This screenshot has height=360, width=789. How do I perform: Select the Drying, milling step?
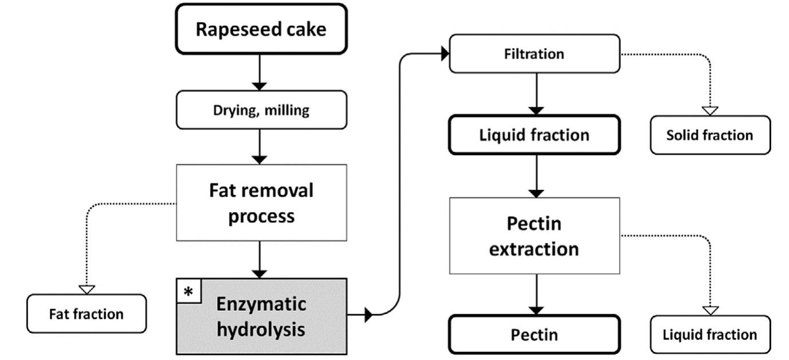[260, 110]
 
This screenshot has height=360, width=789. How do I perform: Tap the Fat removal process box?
[260, 202]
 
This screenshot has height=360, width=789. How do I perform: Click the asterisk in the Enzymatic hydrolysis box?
[188, 291]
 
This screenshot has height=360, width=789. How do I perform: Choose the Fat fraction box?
[86, 314]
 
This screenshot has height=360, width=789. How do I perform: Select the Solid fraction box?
[710, 135]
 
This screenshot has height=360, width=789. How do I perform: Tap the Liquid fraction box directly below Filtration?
[534, 135]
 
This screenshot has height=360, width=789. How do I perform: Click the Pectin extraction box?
[534, 235]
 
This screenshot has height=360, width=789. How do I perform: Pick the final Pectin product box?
[534, 335]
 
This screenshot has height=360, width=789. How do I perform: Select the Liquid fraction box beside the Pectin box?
[710, 334]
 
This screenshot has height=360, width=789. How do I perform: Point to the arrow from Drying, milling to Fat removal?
[260, 147]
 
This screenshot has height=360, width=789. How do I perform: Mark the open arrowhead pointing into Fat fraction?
[87, 289]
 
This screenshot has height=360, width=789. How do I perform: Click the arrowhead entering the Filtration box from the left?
[444, 54]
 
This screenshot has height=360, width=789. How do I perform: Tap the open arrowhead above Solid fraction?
[711, 110]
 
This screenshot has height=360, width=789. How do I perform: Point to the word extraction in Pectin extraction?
[534, 249]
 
